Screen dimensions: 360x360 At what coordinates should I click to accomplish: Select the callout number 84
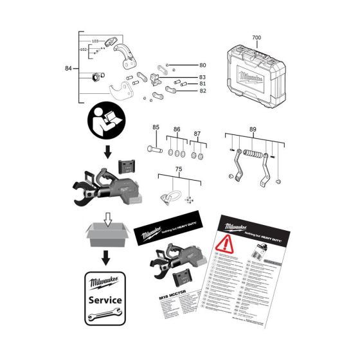69,67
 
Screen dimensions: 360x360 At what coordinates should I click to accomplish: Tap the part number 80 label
203,65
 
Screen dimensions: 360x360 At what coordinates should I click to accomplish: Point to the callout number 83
202,77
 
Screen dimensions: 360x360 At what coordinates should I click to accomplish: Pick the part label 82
202,92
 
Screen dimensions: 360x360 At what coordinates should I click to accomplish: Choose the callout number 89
252,129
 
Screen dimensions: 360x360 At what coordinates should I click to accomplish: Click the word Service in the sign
105,300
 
